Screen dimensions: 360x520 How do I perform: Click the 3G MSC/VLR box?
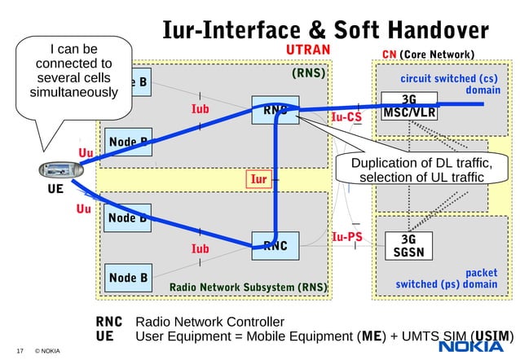coord(409,107)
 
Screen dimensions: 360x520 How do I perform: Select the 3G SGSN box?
coord(408,246)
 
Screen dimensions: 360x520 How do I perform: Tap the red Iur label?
coord(258,179)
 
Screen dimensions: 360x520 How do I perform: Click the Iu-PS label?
coord(347,238)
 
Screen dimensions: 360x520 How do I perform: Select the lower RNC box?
coord(275,245)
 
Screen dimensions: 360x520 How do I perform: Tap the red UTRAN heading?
coord(308,51)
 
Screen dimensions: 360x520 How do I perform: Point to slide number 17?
coord(19,351)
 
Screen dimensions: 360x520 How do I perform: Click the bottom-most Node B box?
coord(128,278)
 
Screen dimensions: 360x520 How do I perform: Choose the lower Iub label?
coord(200,248)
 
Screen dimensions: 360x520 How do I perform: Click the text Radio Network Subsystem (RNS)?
coord(248,288)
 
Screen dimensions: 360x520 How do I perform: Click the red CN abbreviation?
coord(389,55)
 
